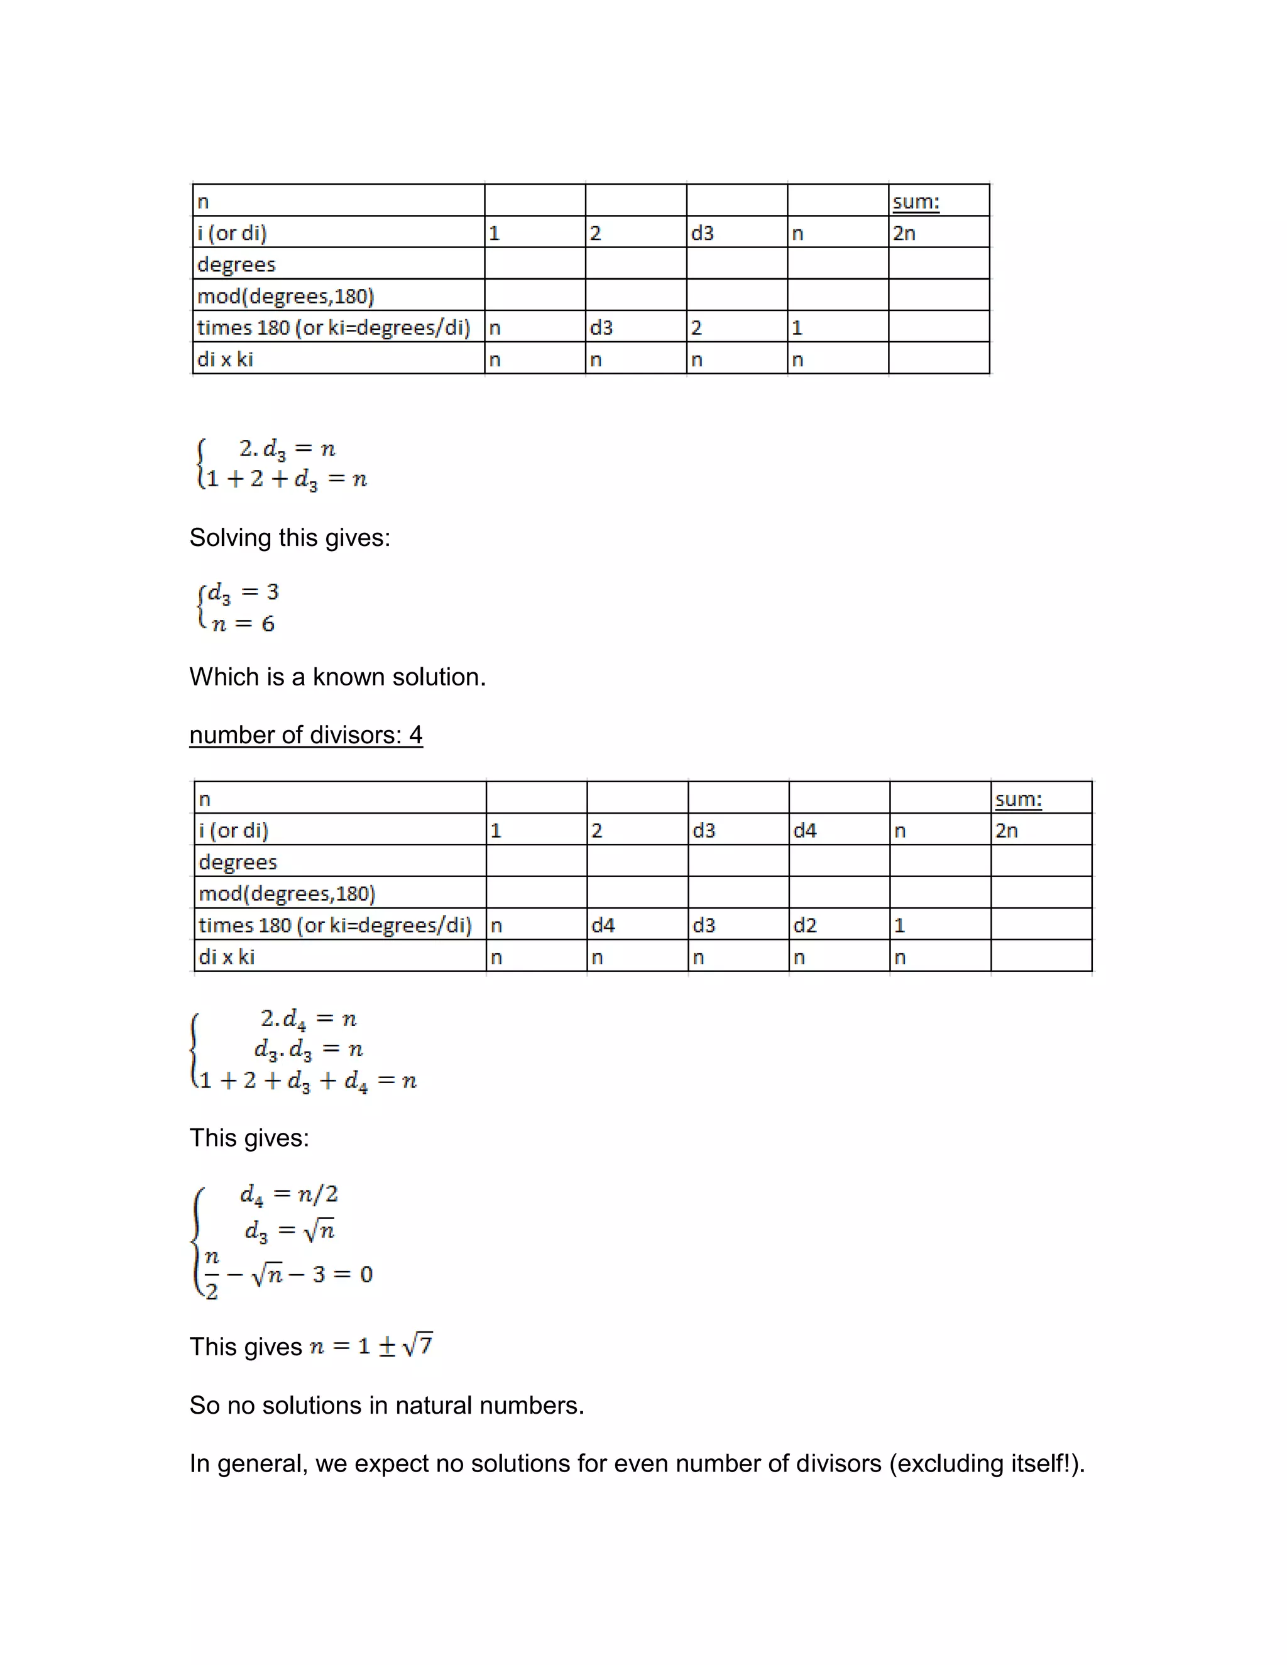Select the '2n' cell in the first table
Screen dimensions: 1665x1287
click(904, 233)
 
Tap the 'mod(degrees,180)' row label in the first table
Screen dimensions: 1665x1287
click(285, 296)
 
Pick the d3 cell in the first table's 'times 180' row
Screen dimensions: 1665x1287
click(601, 328)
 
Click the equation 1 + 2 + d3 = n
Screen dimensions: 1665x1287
click(287, 479)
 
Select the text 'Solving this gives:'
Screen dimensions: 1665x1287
click(290, 537)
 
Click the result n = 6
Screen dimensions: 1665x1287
click(243, 624)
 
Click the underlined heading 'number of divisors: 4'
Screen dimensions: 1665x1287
click(306, 735)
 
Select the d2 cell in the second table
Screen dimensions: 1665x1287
click(804, 925)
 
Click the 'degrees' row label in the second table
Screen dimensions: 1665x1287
click(238, 862)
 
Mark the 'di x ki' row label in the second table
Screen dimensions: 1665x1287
click(226, 957)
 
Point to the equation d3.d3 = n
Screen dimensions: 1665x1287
click(309, 1050)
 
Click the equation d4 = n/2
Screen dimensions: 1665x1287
click(289, 1194)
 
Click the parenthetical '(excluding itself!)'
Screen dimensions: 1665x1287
click(987, 1464)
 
